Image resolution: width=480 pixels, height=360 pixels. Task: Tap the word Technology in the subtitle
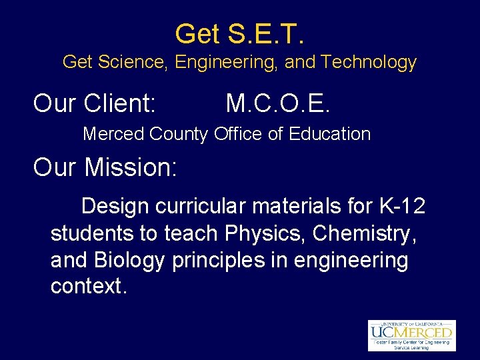click(x=368, y=63)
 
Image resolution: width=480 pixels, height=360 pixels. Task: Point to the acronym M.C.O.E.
click(x=278, y=103)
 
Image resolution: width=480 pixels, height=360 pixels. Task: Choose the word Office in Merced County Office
click(x=238, y=134)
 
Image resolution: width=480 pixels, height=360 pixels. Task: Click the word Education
click(x=329, y=134)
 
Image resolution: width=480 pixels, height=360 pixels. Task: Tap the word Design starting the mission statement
click(x=115, y=207)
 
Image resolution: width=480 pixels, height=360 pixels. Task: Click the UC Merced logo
click(x=411, y=335)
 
